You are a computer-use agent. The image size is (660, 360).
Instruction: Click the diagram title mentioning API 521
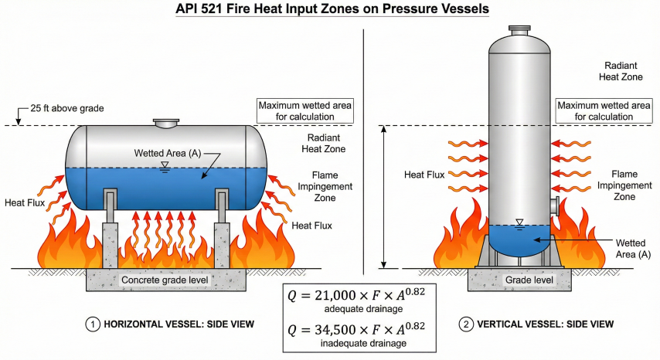330,10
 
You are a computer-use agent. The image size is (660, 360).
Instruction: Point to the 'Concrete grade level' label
165,279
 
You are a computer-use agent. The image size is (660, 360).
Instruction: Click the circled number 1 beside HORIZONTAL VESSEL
90,325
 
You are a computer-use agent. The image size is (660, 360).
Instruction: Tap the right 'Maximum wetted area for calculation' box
605,110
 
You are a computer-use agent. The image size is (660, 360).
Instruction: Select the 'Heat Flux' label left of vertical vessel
424,175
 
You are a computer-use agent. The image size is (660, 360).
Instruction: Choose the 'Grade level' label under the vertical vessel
519,279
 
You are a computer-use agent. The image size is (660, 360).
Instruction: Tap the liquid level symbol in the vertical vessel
519,223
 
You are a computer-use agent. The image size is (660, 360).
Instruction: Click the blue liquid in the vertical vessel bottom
519,239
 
